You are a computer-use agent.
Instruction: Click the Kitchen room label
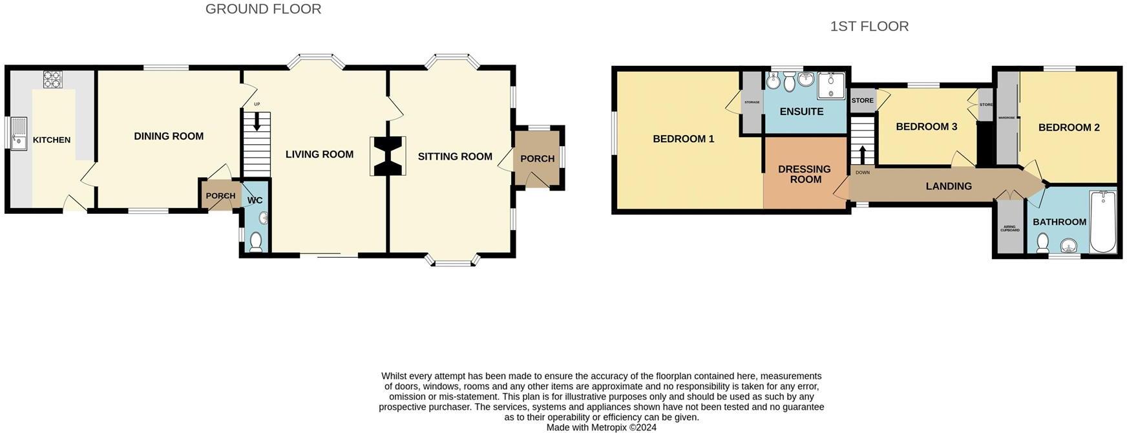tap(52, 140)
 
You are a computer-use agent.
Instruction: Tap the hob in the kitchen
tap(52, 79)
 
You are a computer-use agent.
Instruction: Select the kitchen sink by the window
tap(18, 134)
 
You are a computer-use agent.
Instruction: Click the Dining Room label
tap(169, 136)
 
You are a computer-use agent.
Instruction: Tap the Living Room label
tap(319, 154)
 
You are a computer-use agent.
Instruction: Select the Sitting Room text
tap(455, 156)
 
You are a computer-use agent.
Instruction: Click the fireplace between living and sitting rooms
tap(388, 156)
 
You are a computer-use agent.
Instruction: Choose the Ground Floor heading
tap(263, 9)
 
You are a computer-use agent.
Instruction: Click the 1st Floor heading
tap(869, 26)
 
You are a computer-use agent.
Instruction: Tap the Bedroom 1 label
tap(683, 139)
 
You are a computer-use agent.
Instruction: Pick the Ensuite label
tap(801, 112)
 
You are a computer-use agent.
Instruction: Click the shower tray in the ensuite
tap(831, 85)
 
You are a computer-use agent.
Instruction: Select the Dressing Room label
tap(805, 174)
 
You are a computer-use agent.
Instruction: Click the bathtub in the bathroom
tap(1102, 222)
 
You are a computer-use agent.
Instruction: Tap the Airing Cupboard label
tap(1009, 229)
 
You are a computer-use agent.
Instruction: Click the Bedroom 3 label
tap(926, 127)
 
